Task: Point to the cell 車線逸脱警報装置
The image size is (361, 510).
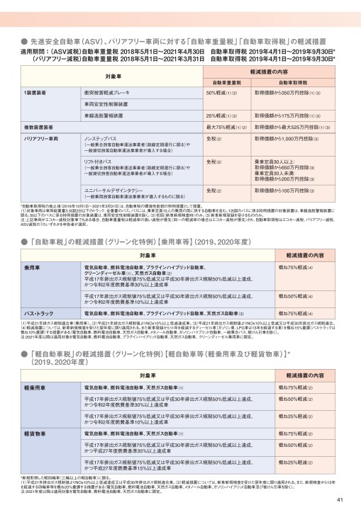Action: (x=104, y=115)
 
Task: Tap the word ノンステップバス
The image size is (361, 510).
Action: (x=104, y=137)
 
